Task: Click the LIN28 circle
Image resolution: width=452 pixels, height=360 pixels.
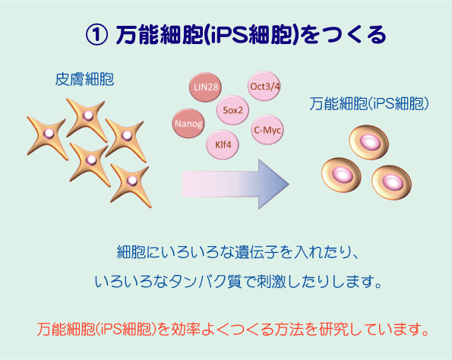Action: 205,87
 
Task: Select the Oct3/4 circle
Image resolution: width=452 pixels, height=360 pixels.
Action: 264,86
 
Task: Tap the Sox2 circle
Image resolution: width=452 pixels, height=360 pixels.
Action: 232,110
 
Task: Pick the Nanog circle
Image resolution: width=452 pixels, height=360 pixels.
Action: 188,123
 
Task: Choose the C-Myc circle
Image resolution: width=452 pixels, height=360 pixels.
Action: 267,130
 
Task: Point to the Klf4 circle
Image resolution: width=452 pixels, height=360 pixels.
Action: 223,144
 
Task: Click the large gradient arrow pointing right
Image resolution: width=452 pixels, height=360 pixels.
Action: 235,185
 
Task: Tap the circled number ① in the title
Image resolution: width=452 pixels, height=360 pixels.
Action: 97,35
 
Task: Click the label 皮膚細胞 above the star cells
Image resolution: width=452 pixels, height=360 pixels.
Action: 84,79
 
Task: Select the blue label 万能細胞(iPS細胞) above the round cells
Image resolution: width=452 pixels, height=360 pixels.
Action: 369,104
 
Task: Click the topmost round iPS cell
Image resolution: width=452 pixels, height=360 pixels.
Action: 369,142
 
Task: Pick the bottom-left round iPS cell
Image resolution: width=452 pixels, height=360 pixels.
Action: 341,175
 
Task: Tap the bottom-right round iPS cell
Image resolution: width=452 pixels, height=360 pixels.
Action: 392,182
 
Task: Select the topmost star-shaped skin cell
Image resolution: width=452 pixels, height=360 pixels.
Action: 87,116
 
